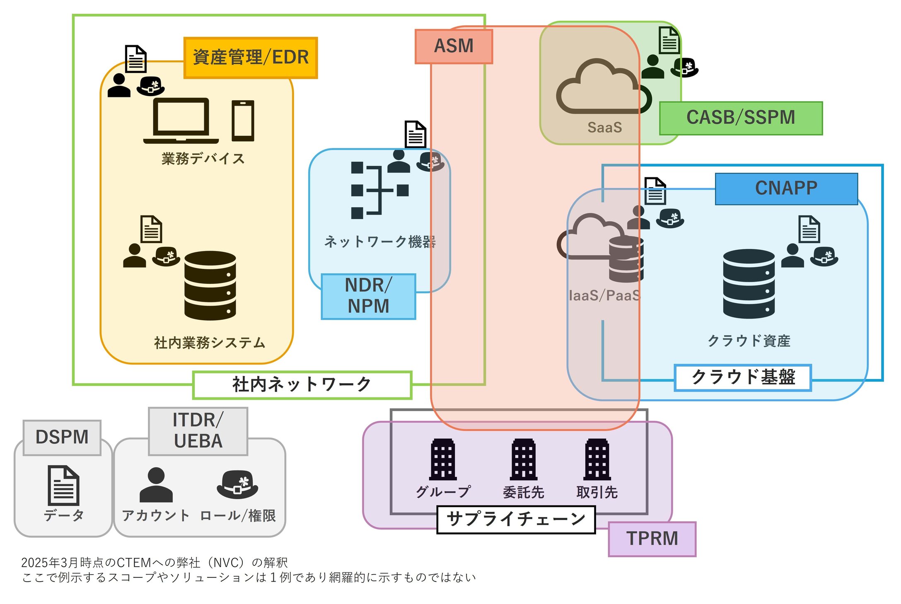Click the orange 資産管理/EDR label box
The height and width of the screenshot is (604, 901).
pyautogui.click(x=251, y=58)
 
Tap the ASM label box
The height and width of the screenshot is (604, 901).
pyautogui.click(x=454, y=46)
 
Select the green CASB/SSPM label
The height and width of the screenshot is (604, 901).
pyautogui.click(x=741, y=118)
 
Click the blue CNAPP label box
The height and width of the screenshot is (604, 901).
pyautogui.click(x=786, y=188)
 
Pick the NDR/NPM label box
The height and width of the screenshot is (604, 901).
pyautogui.click(x=368, y=296)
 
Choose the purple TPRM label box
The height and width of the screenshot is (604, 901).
pyautogui.click(x=652, y=539)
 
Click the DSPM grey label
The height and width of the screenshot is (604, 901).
pyautogui.click(x=62, y=437)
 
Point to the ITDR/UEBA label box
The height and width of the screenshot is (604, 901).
pyautogui.click(x=198, y=431)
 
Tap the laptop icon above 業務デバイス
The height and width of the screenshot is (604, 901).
pyautogui.click(x=181, y=121)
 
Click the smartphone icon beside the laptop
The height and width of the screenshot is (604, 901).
pyautogui.click(x=243, y=121)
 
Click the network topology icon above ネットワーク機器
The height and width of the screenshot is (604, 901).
pyautogui.click(x=379, y=190)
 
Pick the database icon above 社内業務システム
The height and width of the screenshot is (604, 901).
pyautogui.click(x=210, y=285)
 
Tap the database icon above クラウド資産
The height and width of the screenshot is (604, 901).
pyautogui.click(x=749, y=284)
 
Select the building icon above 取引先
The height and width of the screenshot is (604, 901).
pyautogui.click(x=597, y=459)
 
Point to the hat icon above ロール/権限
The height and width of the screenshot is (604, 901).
pyautogui.click(x=237, y=484)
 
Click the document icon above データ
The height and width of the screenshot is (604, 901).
pyautogui.click(x=63, y=485)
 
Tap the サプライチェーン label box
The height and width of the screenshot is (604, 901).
pyautogui.click(x=516, y=519)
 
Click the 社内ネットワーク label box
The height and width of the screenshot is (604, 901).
pyautogui.click(x=302, y=385)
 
